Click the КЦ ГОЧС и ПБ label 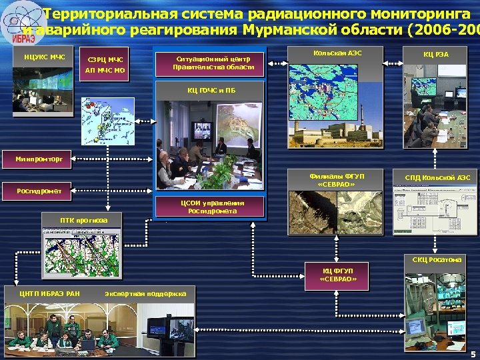pos(211,89)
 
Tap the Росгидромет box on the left pos(39,191)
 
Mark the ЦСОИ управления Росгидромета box pos(212,207)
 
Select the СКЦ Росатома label pos(437,259)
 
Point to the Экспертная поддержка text pos(145,293)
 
